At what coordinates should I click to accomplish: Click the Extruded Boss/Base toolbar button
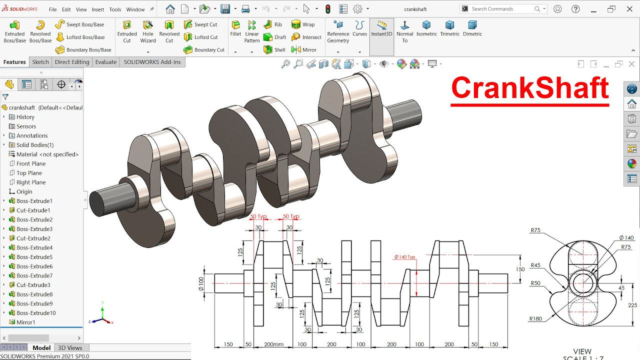point(14,31)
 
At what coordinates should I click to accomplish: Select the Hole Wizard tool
point(148,31)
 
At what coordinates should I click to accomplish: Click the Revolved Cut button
point(169,31)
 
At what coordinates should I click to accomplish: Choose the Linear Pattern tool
point(252,31)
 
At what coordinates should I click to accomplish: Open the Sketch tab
point(40,62)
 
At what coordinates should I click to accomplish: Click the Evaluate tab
point(106,62)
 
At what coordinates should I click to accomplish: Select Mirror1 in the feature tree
point(25,322)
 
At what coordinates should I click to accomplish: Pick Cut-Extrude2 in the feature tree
point(33,238)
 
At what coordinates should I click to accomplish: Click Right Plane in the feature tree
point(30,182)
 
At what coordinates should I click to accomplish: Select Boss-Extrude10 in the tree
point(36,313)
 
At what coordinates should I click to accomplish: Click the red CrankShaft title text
point(529,88)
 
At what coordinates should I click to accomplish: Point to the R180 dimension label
point(535,319)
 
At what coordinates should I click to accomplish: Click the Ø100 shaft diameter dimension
point(201,283)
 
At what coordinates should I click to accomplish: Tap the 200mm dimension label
point(273,344)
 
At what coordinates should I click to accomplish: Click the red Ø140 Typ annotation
point(404,257)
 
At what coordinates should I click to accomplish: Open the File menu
point(52,9)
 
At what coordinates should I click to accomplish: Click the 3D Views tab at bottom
point(70,348)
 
